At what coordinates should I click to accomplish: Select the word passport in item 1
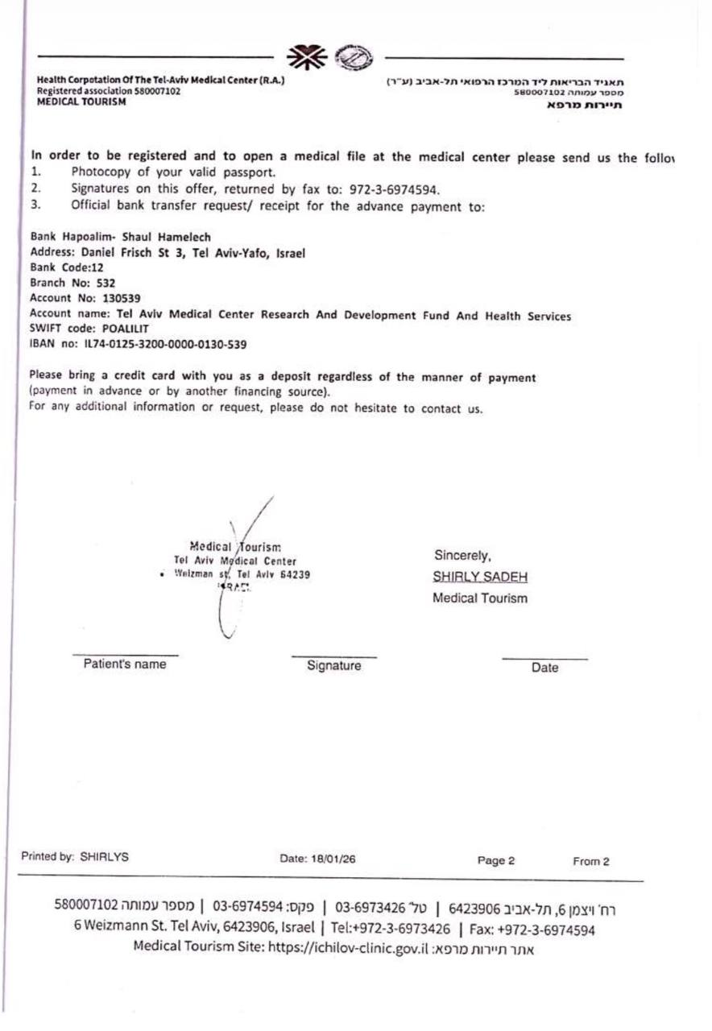249,172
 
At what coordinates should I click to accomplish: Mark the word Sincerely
463,555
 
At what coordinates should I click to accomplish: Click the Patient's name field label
125,665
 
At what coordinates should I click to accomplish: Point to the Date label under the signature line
544,667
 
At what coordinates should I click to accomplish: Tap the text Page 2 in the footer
496,860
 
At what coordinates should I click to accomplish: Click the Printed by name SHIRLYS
104,858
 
